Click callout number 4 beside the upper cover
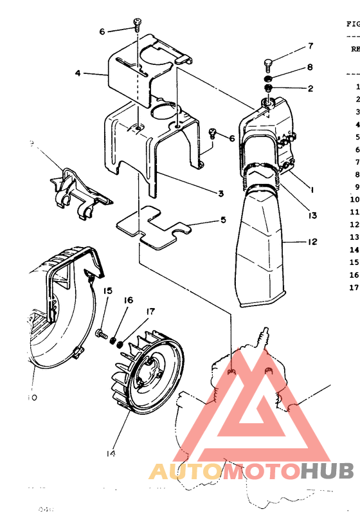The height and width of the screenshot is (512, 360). coord(78,73)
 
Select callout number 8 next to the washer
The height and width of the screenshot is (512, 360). coord(309,67)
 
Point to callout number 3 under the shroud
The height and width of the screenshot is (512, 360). coord(220,194)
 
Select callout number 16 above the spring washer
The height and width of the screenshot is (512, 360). coord(128,300)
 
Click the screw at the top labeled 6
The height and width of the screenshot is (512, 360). coord(138,23)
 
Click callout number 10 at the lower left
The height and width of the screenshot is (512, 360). coord(32,397)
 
